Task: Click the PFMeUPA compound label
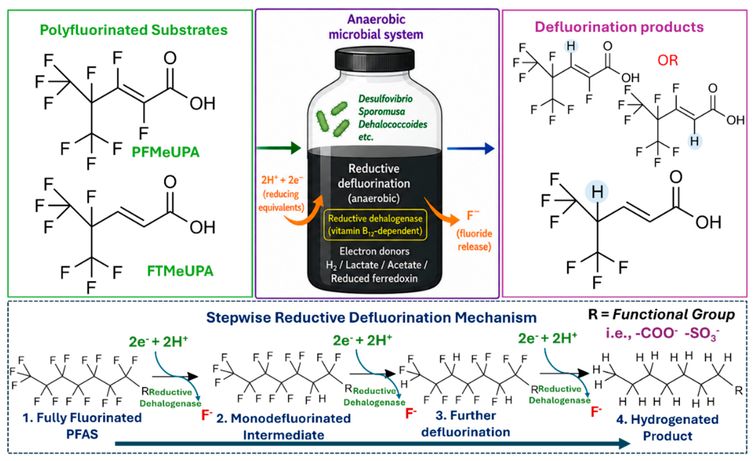coord(166,152)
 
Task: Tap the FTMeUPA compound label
coord(180,271)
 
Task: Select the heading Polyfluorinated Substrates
coord(134,30)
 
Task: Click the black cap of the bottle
coord(375,59)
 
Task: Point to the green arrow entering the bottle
coord(279,148)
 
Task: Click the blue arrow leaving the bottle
coord(471,148)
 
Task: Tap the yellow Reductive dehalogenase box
coord(375,225)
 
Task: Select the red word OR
coord(668,60)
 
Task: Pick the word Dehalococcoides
coord(393,124)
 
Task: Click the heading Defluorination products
coord(620,27)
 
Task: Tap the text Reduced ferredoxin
coord(374,278)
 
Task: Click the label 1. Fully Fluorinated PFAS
coord(82,426)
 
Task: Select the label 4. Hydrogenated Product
coord(667,427)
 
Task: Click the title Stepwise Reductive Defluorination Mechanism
coord(371,318)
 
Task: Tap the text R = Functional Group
coord(661,315)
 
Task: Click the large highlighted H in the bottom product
coord(597,192)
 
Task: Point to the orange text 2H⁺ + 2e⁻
coord(282,180)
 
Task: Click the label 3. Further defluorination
coord(466,424)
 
